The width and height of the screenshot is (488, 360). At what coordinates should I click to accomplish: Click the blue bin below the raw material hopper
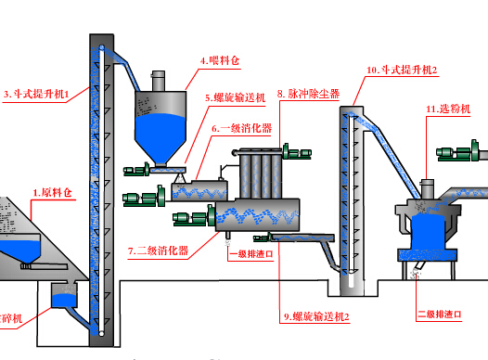coord(63,299)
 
